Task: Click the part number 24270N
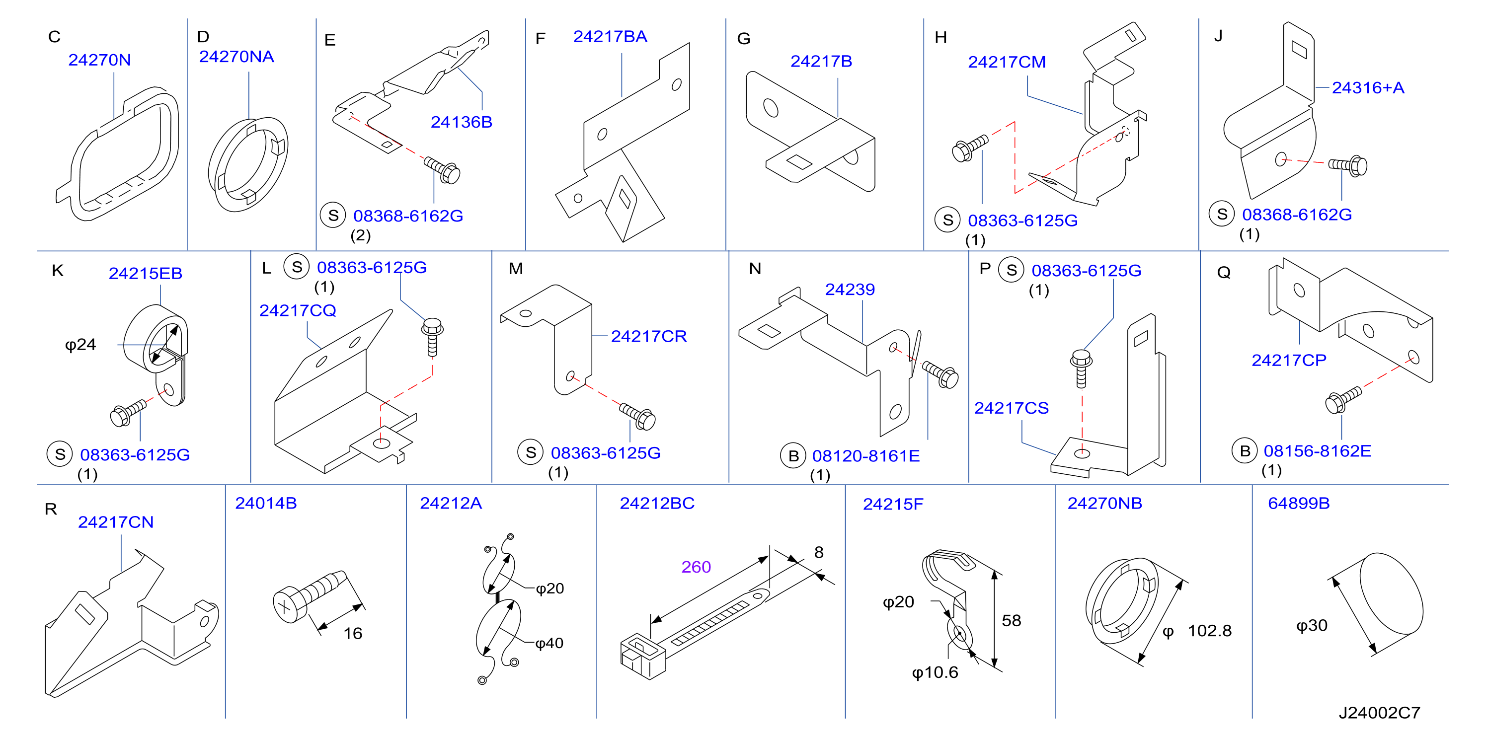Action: point(99,60)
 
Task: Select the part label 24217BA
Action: point(610,36)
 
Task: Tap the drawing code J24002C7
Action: point(1379,713)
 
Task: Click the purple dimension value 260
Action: point(696,567)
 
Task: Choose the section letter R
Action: point(51,509)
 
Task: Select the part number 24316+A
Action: point(1368,88)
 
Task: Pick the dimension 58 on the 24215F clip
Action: point(1011,620)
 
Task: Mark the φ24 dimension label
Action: point(80,345)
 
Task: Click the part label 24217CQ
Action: point(298,311)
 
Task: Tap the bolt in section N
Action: point(940,374)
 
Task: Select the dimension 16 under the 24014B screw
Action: point(353,633)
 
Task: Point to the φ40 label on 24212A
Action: point(549,643)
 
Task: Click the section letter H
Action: point(941,37)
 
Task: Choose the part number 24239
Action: point(850,290)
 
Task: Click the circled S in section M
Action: point(531,453)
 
